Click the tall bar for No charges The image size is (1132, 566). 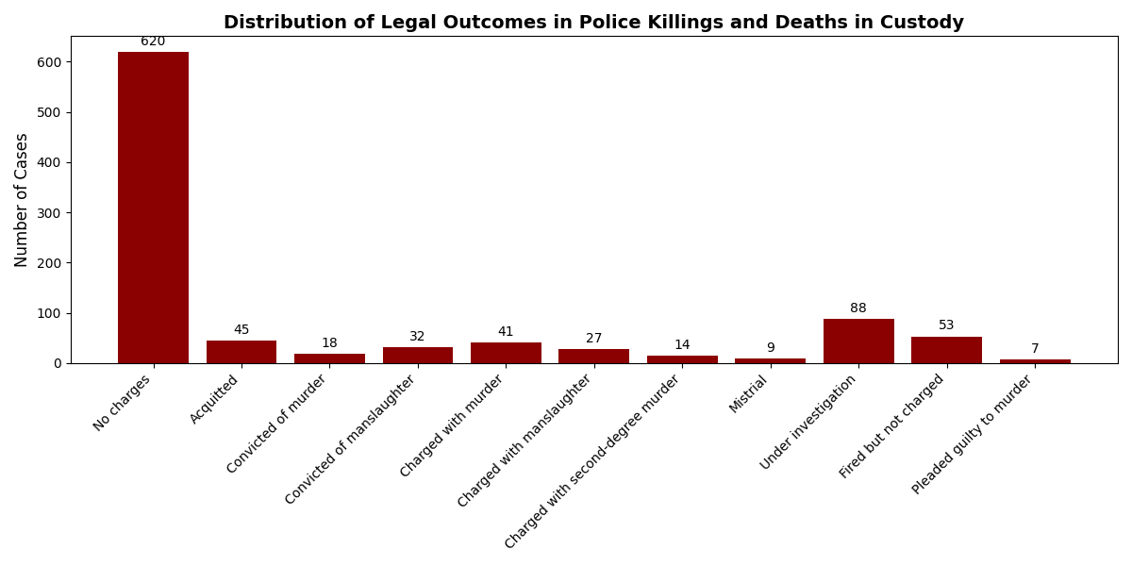pos(153,208)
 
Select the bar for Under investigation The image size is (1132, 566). pos(858,341)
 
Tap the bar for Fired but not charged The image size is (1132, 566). pos(946,350)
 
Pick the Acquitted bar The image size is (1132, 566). pos(241,352)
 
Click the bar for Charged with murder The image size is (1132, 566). pos(506,353)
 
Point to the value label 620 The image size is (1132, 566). pos(153,42)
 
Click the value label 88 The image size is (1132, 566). pos(858,308)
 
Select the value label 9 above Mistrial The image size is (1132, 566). pos(770,348)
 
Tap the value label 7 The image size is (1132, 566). pos(1035,349)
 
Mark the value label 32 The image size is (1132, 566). pos(418,337)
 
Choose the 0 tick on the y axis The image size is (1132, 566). pos(58,363)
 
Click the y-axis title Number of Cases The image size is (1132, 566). pos(22,200)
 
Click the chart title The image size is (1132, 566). pos(593,23)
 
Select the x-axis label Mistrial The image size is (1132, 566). pos(749,394)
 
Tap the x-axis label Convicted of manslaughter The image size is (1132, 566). pos(351,439)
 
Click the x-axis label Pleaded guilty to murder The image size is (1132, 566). pos(973,434)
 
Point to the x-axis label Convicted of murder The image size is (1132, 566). pos(276,424)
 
